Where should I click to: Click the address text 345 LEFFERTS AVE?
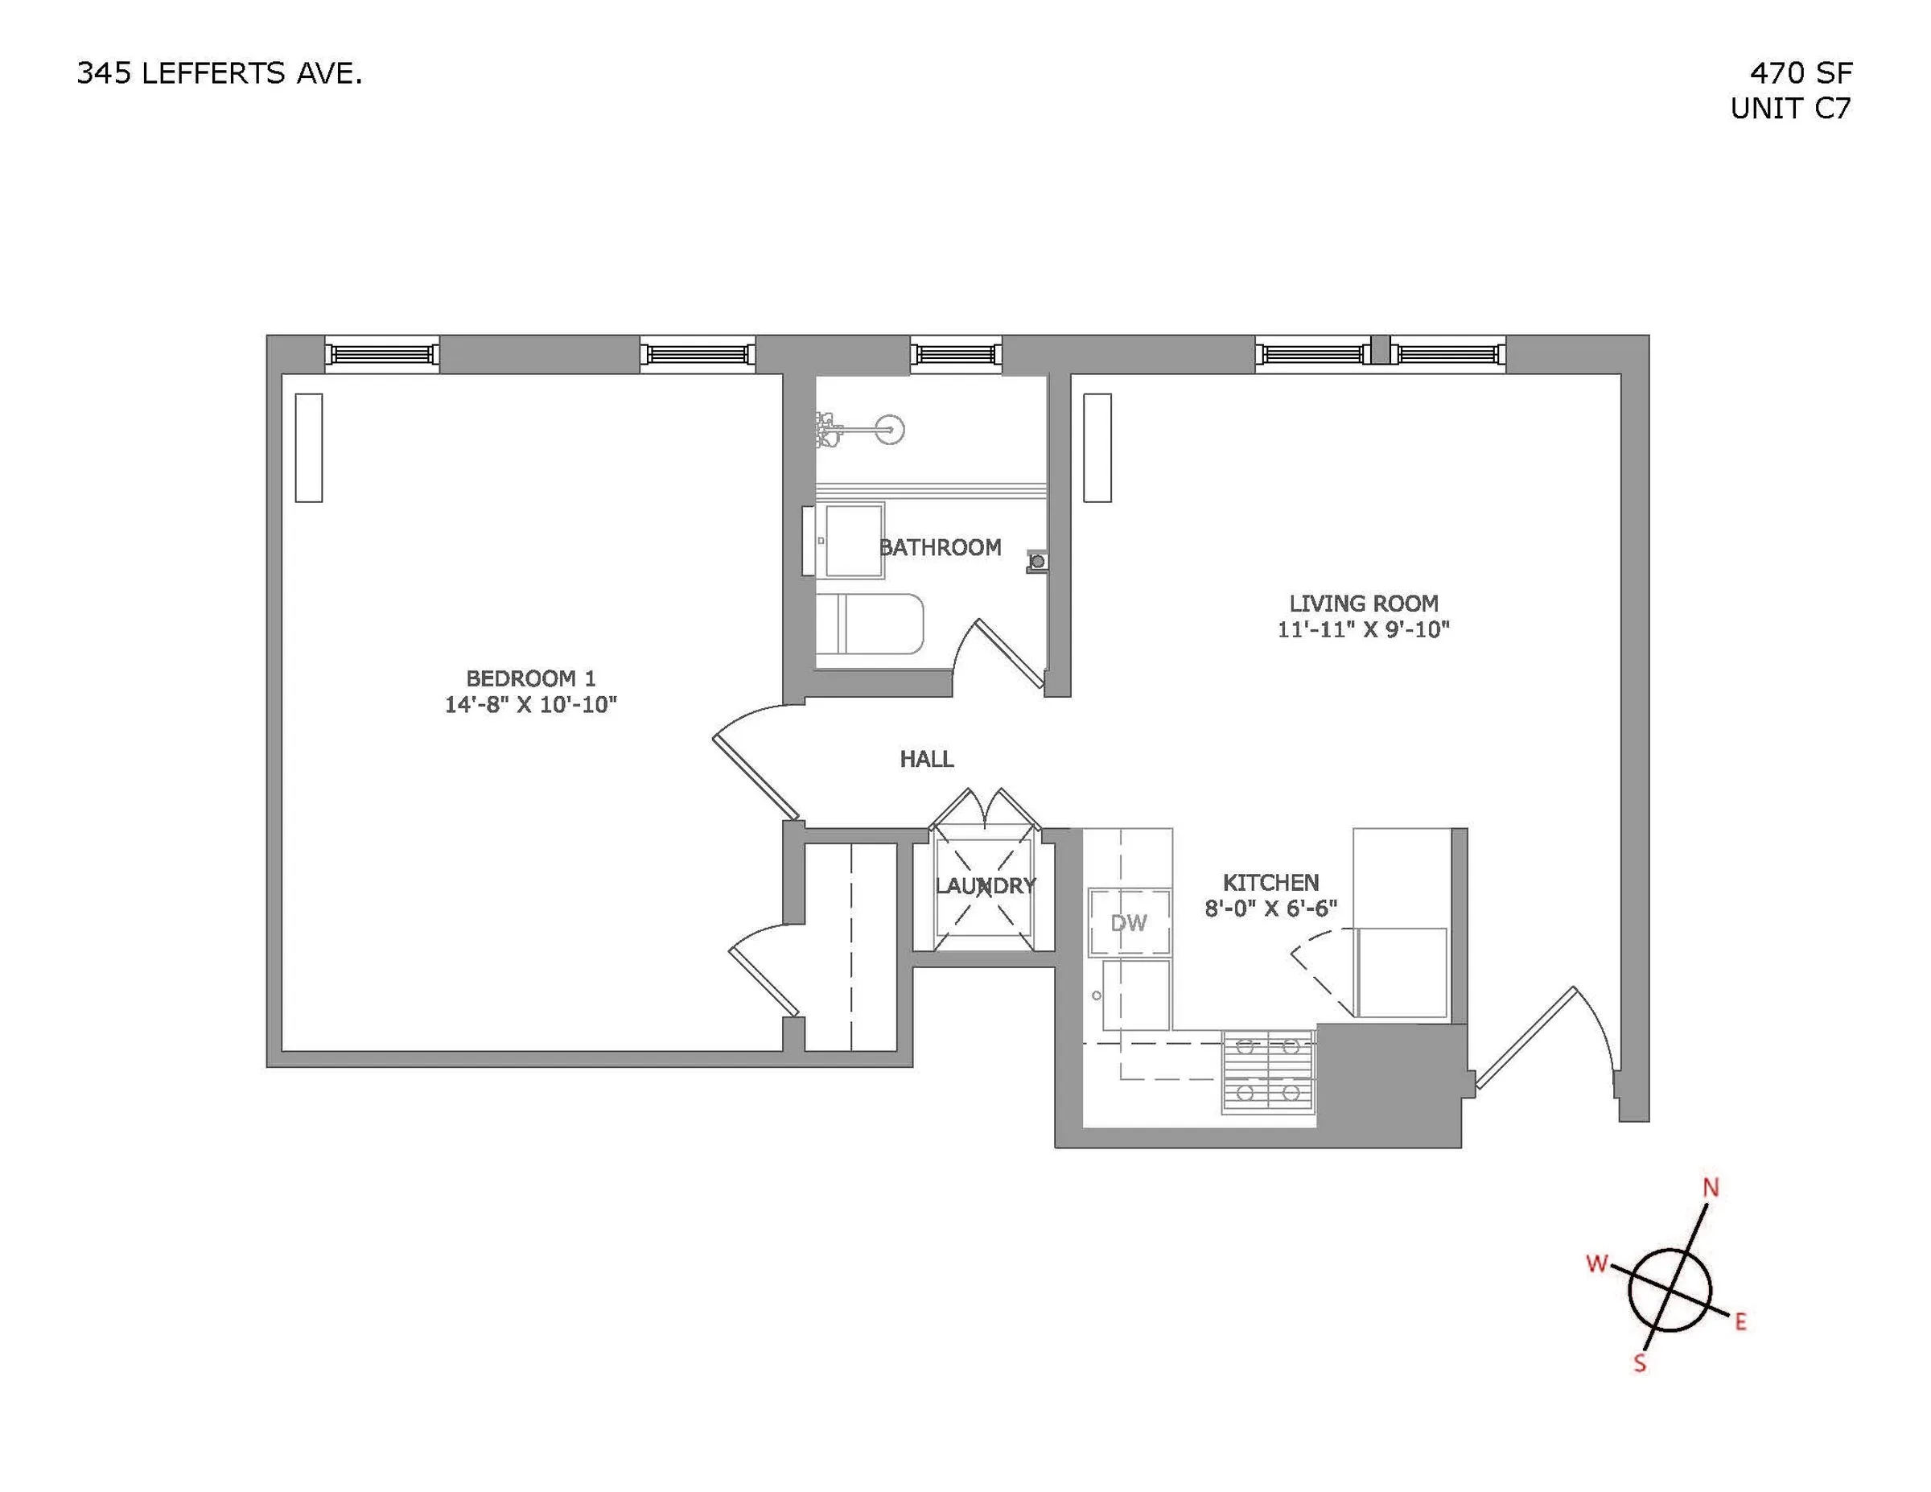point(220,73)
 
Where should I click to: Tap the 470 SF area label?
point(1800,72)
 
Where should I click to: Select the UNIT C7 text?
point(1790,108)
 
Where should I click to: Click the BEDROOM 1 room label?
point(530,678)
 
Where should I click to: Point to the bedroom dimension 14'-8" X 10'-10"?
point(530,705)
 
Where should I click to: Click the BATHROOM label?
point(940,547)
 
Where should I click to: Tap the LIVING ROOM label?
point(1364,604)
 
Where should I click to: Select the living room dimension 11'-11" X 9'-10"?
point(1364,629)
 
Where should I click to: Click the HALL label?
point(927,759)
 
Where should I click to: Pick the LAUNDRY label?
point(985,885)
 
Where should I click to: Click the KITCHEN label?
point(1270,882)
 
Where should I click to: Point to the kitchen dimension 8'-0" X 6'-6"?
point(1270,909)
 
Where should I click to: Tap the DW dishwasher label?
point(1128,923)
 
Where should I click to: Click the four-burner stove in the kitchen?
point(1269,1071)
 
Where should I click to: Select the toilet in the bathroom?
point(869,624)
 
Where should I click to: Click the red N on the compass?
point(1711,1188)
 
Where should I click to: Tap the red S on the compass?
point(1640,1363)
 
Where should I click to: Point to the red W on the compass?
point(1597,1263)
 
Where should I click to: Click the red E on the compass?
point(1740,1322)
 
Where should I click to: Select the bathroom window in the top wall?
point(956,355)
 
